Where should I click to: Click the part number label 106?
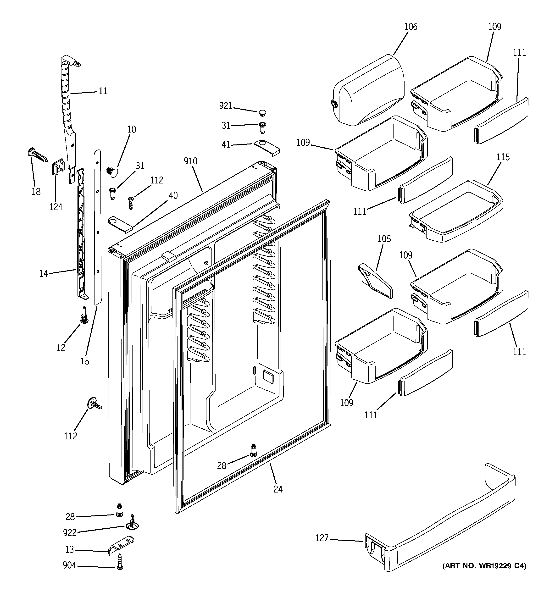pyautogui.click(x=411, y=27)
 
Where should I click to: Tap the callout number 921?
pyautogui.click(x=226, y=106)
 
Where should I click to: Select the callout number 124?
pyautogui.click(x=56, y=207)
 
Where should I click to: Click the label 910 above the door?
pyautogui.click(x=190, y=161)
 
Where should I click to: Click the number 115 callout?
pyautogui.click(x=503, y=157)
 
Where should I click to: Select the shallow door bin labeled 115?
pyautogui.click(x=456, y=211)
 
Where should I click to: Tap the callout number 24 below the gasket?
pyautogui.click(x=278, y=489)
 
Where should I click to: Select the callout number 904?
pyautogui.click(x=69, y=565)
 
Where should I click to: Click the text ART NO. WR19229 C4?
pyautogui.click(x=484, y=565)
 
